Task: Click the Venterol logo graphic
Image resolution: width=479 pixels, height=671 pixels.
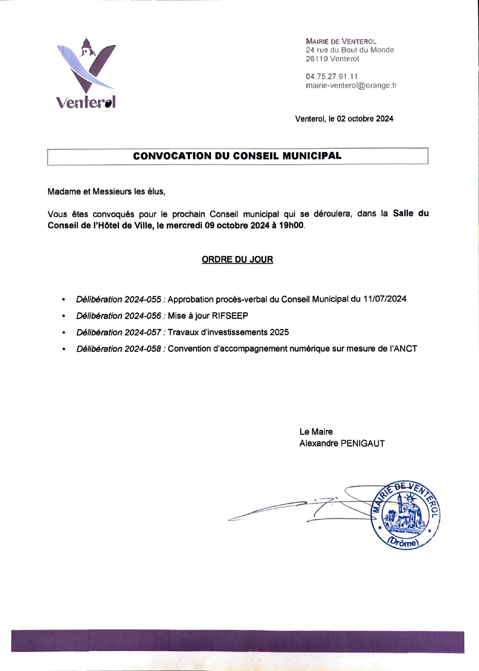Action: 86,73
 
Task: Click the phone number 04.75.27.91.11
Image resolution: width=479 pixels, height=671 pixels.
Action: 332,76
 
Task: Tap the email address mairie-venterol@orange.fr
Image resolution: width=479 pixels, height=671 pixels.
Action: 351,85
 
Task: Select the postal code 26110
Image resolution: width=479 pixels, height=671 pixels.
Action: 317,59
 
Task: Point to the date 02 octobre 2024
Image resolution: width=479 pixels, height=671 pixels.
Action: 365,119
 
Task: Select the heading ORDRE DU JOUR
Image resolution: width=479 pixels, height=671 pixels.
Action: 237,259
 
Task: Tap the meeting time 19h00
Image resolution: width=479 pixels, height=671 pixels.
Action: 291,225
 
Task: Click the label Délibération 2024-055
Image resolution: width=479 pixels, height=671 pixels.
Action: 119,299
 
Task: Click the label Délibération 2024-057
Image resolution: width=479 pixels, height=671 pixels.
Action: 119,332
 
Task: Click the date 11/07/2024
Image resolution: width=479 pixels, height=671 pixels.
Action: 385,299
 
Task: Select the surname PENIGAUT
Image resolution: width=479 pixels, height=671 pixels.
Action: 363,444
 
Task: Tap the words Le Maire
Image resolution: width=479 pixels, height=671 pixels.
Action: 316,432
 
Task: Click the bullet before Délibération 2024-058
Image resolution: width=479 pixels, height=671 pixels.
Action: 64,349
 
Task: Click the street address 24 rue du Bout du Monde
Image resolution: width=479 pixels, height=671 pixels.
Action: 350,50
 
